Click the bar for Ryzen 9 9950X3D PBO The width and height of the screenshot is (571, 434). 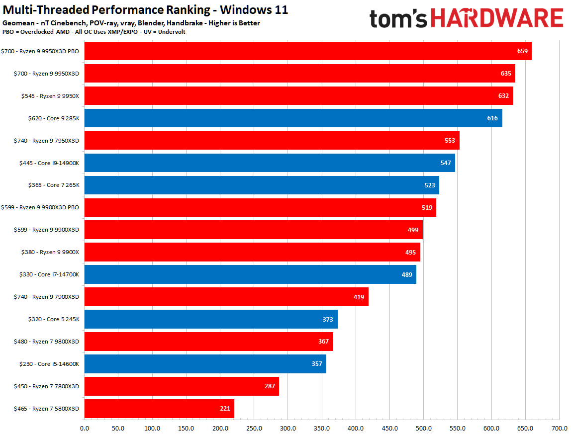[x=298, y=51]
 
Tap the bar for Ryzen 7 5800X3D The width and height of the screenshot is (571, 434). [x=159, y=409]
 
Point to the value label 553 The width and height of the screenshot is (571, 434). [x=450, y=141]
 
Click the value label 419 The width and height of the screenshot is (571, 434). [x=359, y=297]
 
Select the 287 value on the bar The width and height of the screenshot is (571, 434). [x=269, y=386]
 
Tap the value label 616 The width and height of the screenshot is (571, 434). [x=492, y=118]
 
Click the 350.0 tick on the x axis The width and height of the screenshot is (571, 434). [x=322, y=428]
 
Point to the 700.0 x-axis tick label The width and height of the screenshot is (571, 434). [x=559, y=428]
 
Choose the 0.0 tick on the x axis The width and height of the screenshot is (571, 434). [x=85, y=428]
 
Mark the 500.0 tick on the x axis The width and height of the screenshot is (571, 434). [x=423, y=428]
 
